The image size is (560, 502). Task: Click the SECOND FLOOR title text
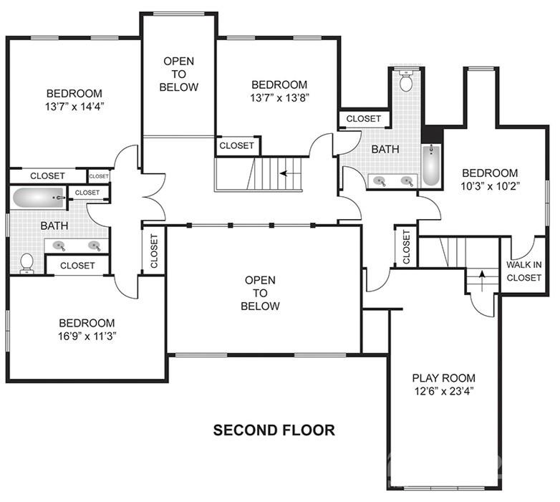tap(274, 430)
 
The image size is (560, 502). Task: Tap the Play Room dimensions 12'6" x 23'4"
tap(443, 392)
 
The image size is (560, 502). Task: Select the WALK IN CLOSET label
tap(523, 271)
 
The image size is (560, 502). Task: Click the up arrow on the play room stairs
tap(483, 277)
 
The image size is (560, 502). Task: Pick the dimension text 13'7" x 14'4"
tap(74, 107)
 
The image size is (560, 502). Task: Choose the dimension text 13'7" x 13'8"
tap(279, 98)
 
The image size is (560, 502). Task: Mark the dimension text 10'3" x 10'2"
tap(489, 186)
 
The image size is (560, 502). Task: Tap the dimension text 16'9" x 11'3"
tap(86, 337)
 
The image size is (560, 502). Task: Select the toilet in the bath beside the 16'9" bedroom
tap(26, 263)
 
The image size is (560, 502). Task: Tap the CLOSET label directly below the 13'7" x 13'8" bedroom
tap(236, 145)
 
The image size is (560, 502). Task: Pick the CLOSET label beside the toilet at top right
tap(364, 118)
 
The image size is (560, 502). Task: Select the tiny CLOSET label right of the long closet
tap(99, 175)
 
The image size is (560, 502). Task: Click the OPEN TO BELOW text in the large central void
tap(260, 293)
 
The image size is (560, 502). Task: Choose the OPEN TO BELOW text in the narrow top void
tap(180, 74)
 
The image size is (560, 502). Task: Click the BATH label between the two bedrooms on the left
tap(54, 226)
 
